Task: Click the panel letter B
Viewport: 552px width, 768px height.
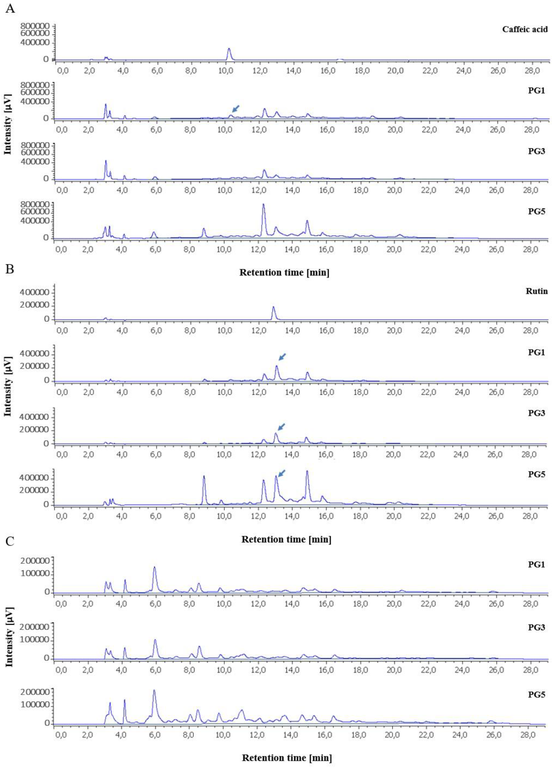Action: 10,269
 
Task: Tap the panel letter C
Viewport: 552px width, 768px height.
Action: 10,541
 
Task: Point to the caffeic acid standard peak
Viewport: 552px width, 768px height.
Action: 229,49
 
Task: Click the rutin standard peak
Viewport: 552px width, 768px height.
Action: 273,307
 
